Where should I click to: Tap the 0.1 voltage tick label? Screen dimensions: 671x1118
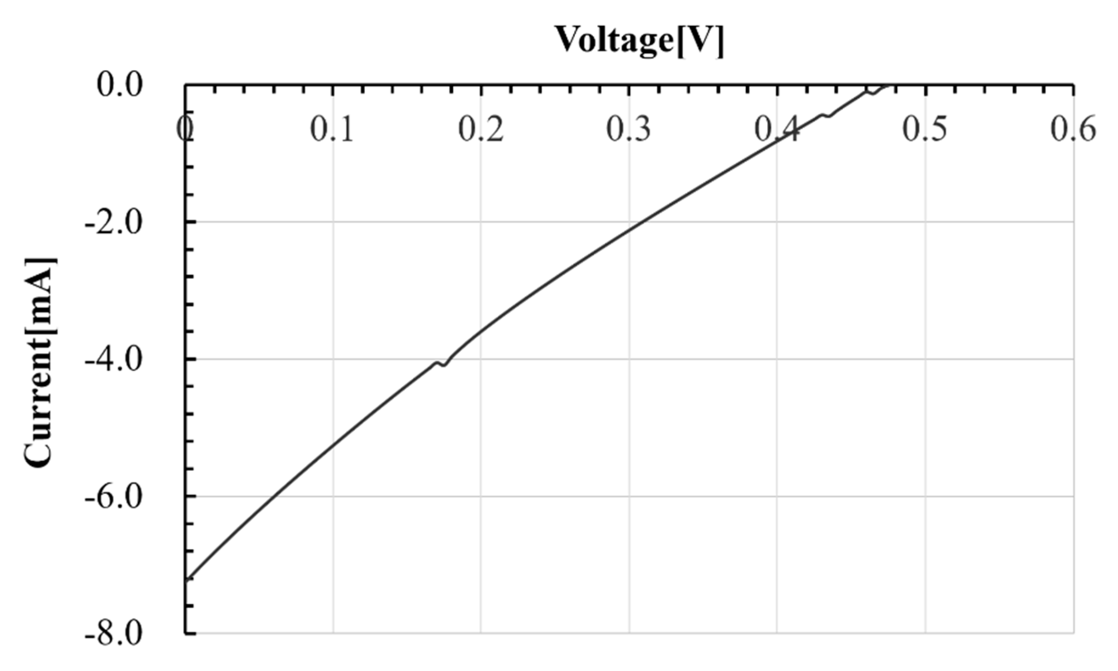click(332, 129)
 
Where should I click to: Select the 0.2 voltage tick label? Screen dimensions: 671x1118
click(481, 129)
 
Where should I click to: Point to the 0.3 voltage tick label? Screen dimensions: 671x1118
click(628, 129)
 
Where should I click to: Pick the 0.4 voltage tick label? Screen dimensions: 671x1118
click(776, 129)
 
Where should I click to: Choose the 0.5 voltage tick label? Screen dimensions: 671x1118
click(925, 129)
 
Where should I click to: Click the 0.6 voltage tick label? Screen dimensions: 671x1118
click(1073, 129)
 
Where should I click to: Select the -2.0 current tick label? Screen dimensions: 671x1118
click(114, 223)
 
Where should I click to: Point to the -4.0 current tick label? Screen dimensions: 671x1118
click(114, 360)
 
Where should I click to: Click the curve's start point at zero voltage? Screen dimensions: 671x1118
click(186, 579)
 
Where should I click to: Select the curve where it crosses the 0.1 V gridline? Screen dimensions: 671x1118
click(333, 446)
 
